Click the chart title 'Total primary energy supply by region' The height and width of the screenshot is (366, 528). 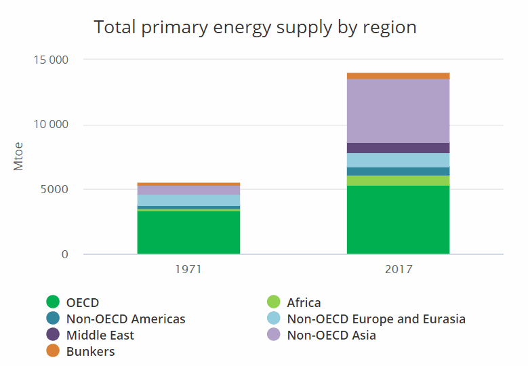(x=255, y=27)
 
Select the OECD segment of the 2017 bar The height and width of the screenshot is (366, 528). (x=398, y=220)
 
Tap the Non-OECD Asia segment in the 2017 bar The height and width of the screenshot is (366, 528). (x=398, y=110)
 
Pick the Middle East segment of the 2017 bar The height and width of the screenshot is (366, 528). (x=398, y=148)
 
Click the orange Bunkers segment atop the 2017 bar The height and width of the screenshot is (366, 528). (x=398, y=76)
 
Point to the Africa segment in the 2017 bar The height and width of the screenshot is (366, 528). (x=398, y=180)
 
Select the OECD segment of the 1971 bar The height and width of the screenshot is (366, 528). (x=188, y=232)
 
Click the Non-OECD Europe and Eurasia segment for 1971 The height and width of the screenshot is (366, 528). (x=188, y=200)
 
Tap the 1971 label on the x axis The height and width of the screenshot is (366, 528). (x=188, y=269)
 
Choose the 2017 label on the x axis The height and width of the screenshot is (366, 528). (x=398, y=269)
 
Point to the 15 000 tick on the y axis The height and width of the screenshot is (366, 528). (x=51, y=60)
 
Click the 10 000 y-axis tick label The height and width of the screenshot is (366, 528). (x=51, y=125)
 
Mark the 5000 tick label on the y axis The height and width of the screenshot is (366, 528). (x=54, y=190)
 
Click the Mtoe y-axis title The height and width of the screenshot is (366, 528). (x=18, y=156)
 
